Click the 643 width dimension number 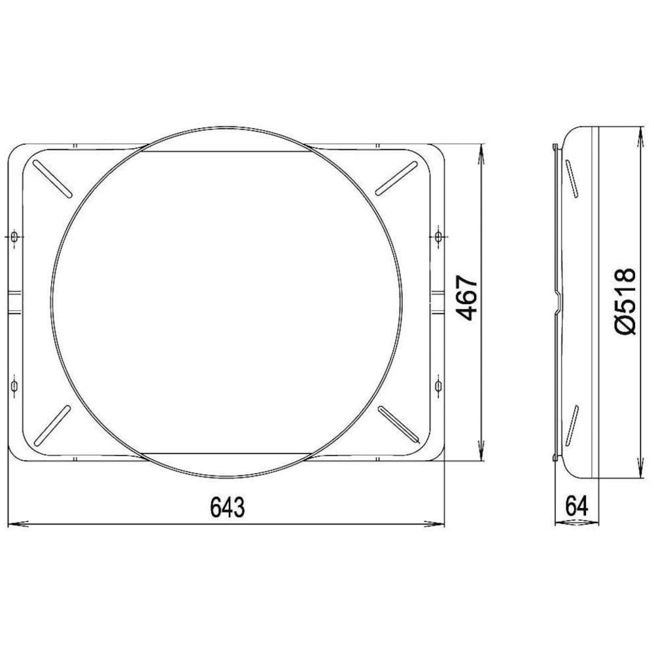(x=228, y=507)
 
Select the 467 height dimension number (x=466, y=298)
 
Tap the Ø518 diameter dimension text (x=625, y=301)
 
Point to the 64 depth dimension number (x=577, y=506)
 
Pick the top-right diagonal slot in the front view (x=396, y=177)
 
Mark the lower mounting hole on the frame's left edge (x=14, y=387)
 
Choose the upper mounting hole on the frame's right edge (x=438, y=237)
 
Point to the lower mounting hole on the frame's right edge (x=438, y=387)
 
